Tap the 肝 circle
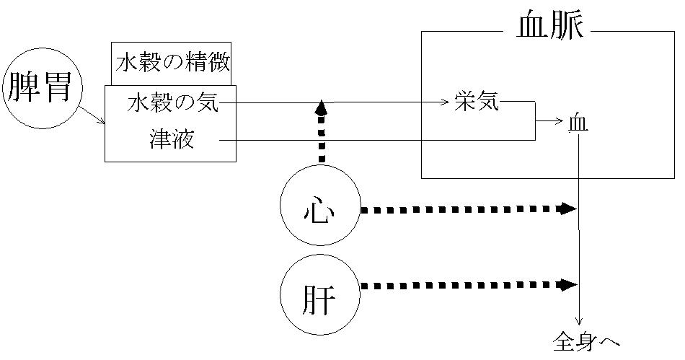tap(319, 296)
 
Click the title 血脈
tap(551, 26)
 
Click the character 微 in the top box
tap(220, 64)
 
